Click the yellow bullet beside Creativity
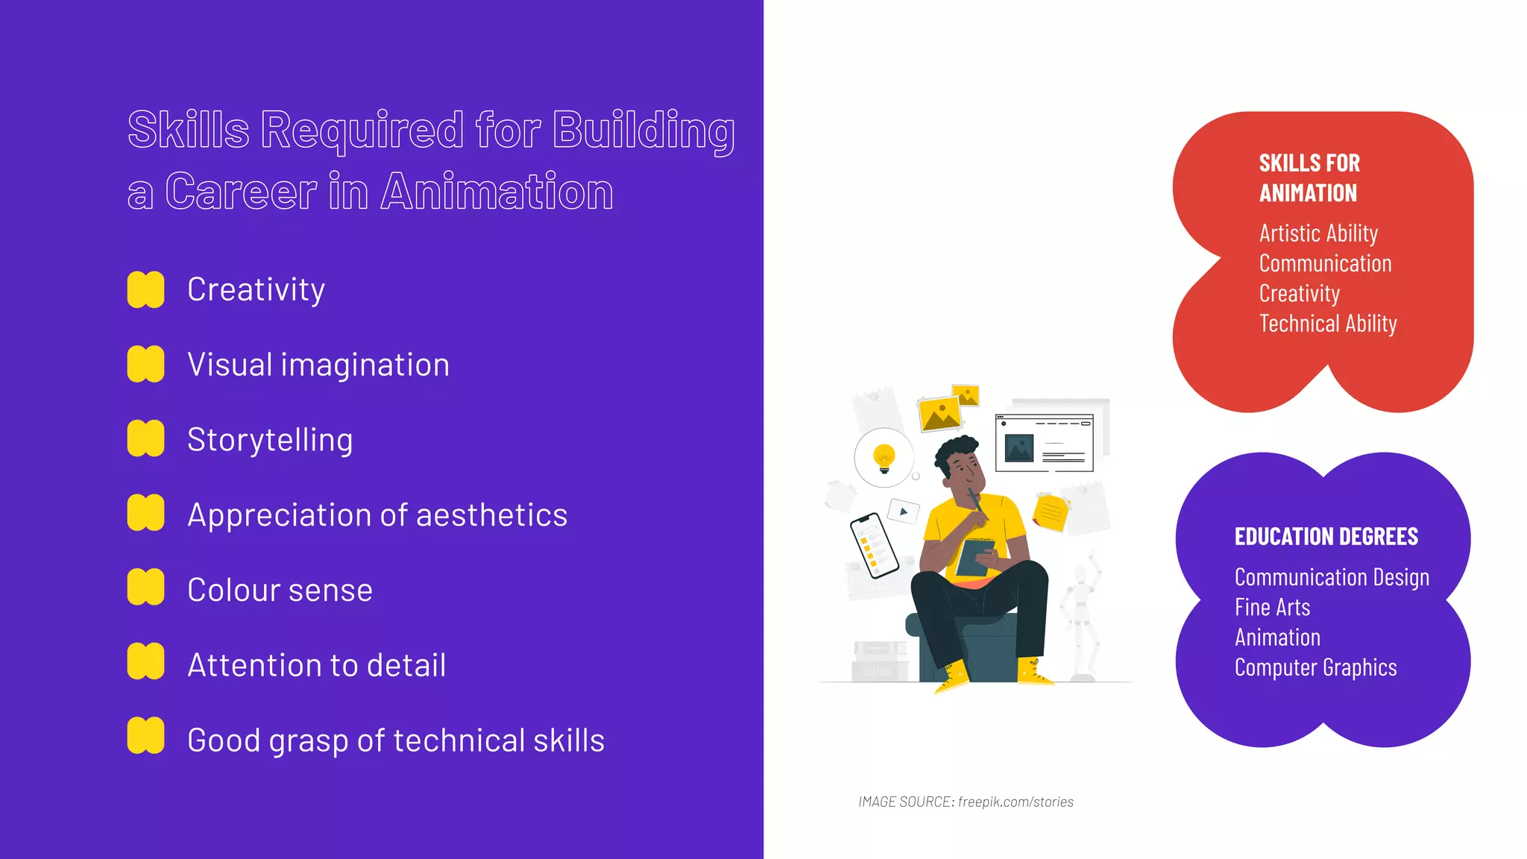pos(145,289)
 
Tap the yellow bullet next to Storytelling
pos(145,438)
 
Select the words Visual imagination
pos(318,365)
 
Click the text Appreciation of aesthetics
pos(377,515)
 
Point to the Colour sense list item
pos(280,590)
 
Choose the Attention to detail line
pos(317,665)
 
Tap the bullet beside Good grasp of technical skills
pos(145,736)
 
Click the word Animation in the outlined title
pos(497,192)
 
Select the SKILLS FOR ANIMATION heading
pos(1309,177)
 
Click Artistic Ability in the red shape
pos(1318,233)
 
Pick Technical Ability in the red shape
pos(1328,324)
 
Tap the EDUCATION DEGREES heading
pos(1326,536)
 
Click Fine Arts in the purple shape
pos(1272,607)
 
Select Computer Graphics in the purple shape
pos(1315,667)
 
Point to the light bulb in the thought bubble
pos(884,457)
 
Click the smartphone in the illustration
pos(874,545)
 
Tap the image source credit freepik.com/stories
pos(1016,802)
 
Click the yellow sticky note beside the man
pos(1051,512)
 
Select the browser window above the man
pos(1044,443)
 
